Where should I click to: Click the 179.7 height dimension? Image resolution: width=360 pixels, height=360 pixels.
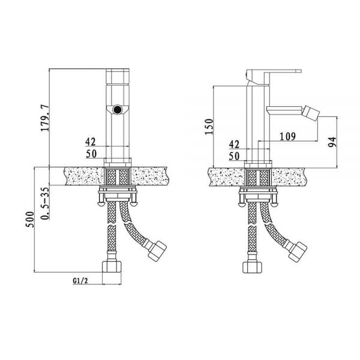[44, 118]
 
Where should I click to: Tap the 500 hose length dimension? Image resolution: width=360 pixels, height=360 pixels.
[29, 220]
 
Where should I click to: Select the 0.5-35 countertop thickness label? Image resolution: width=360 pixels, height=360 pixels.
[45, 203]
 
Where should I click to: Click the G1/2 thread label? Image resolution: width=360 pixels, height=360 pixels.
[80, 281]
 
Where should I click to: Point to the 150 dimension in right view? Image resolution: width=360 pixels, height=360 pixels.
[209, 127]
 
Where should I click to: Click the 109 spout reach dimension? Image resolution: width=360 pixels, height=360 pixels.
[287, 137]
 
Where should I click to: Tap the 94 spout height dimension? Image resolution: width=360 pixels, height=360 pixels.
[332, 142]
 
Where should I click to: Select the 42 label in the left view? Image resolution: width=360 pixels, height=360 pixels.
[91, 142]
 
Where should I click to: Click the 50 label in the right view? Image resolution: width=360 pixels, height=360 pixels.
[234, 156]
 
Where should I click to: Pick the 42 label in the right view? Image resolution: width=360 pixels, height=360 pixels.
[234, 145]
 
